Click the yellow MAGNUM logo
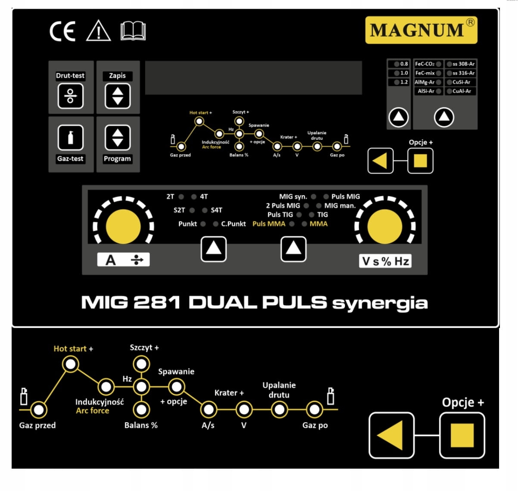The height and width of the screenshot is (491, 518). coord(421,30)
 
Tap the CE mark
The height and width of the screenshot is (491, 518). coord(62,31)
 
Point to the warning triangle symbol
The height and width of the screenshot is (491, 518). coord(99,31)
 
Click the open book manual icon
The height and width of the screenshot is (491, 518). coord(133,31)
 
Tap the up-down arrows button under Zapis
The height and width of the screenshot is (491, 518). coord(118,96)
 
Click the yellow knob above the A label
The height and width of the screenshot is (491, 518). coord(123,226)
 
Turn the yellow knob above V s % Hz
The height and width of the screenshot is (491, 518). coord(385,227)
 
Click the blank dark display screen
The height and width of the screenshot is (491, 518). coord(253,78)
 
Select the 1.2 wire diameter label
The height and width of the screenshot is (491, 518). coord(403,82)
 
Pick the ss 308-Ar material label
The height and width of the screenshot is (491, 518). coord(463,64)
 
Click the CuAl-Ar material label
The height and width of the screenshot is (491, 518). coord(462,91)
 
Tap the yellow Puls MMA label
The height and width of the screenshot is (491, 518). coord(269,224)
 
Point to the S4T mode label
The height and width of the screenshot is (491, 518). coord(217,210)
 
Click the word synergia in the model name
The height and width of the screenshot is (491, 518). coord(380,303)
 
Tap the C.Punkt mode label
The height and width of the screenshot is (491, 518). coord(233,224)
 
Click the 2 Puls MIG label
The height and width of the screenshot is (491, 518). coord(283,206)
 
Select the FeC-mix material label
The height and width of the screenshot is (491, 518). coord(425,73)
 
